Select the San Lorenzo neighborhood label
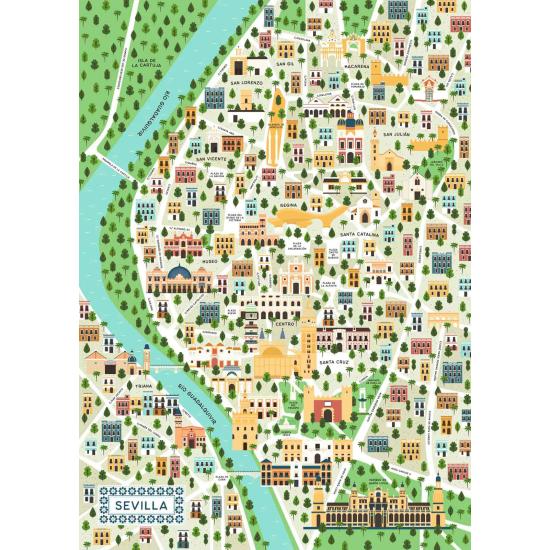coord(246,82)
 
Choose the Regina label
coord(289,204)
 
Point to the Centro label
coord(285,324)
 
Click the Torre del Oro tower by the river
coord(246,420)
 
